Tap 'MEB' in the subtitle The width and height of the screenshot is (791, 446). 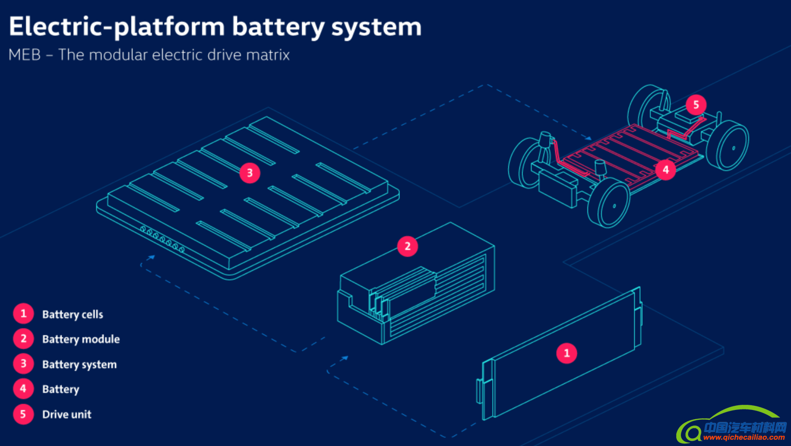[24, 55]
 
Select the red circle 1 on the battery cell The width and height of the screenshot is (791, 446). [566, 353]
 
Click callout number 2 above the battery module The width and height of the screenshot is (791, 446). [407, 246]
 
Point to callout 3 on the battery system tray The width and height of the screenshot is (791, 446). [250, 173]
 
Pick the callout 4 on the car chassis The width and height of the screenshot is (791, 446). [665, 169]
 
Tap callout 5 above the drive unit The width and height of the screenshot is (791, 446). [696, 105]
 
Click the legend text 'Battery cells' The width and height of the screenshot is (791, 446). [73, 315]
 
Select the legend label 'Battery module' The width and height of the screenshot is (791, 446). [81, 339]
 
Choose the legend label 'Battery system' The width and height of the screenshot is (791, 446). [79, 365]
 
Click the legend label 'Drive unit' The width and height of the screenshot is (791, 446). [67, 415]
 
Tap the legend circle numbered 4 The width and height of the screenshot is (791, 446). [23, 389]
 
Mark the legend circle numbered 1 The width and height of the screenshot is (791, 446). [23, 314]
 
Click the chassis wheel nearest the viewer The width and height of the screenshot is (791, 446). [610, 204]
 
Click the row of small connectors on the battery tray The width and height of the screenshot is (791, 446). [162, 239]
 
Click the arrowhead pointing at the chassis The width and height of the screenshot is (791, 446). [589, 138]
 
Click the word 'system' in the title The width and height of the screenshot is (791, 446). [376, 27]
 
